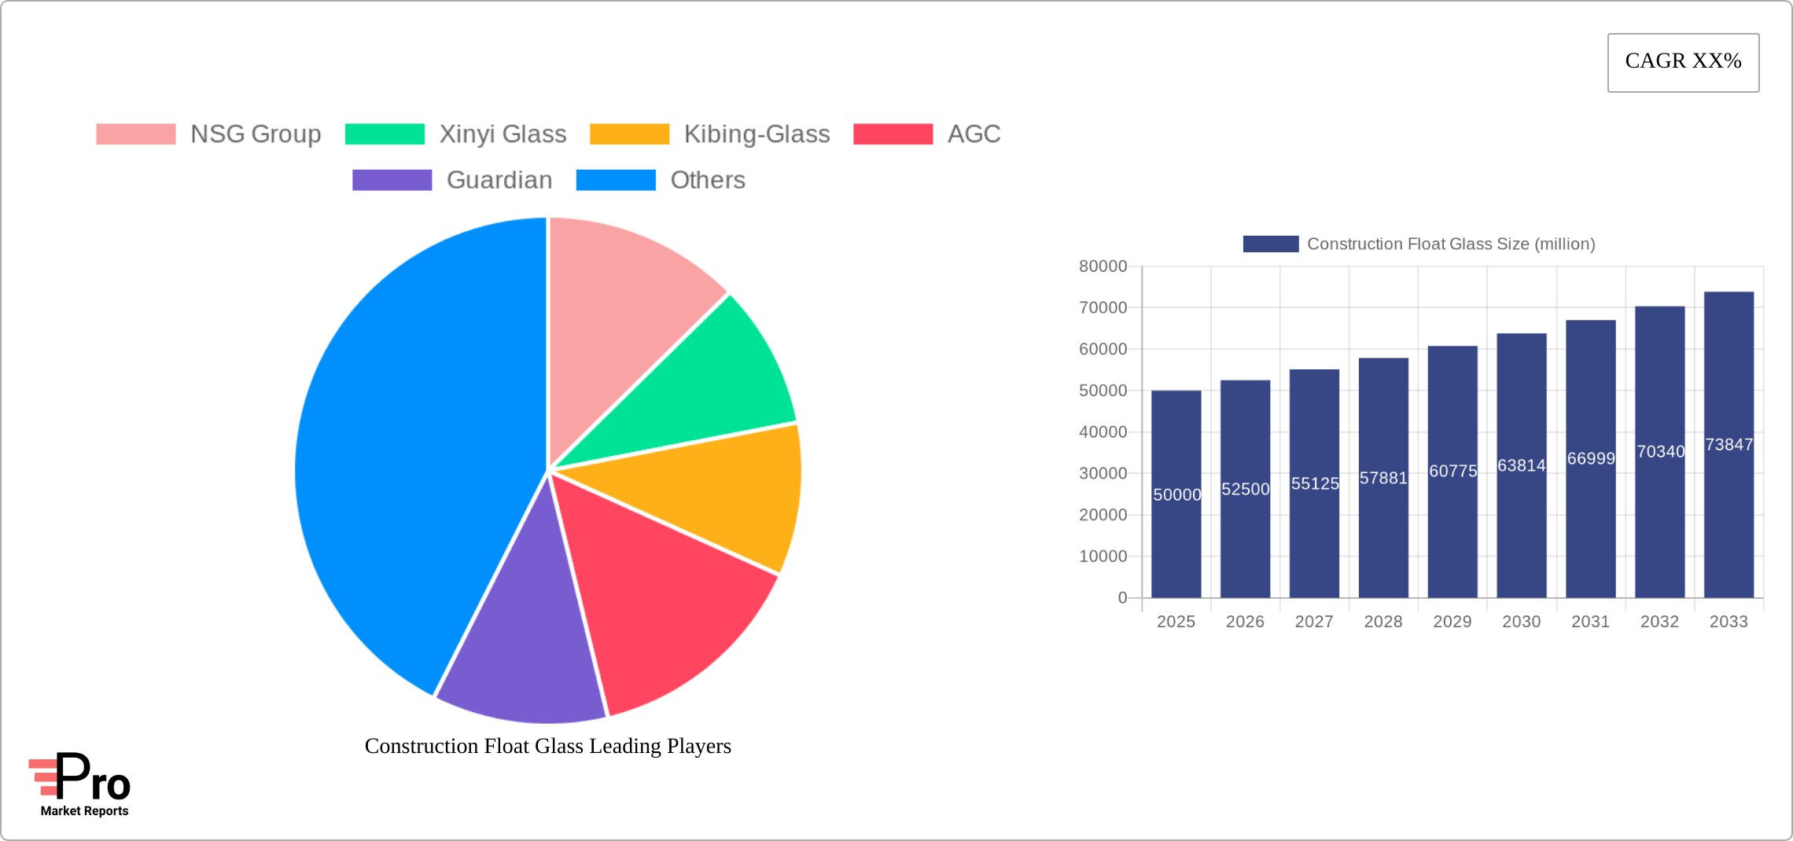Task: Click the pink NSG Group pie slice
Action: point(621,314)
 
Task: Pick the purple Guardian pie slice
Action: point(523,645)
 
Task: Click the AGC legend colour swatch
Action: point(893,134)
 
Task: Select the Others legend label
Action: point(707,180)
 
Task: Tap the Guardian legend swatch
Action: point(392,180)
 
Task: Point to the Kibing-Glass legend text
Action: point(757,134)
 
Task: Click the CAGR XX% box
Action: point(1683,62)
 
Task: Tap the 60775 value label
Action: point(1452,471)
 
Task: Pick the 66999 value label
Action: point(1590,458)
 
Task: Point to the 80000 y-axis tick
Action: point(1103,266)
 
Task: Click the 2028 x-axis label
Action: point(1383,622)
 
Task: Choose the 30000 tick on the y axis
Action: point(1103,473)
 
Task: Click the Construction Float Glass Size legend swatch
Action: point(1270,244)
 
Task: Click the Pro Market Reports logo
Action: point(80,785)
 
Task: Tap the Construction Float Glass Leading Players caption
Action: point(547,746)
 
